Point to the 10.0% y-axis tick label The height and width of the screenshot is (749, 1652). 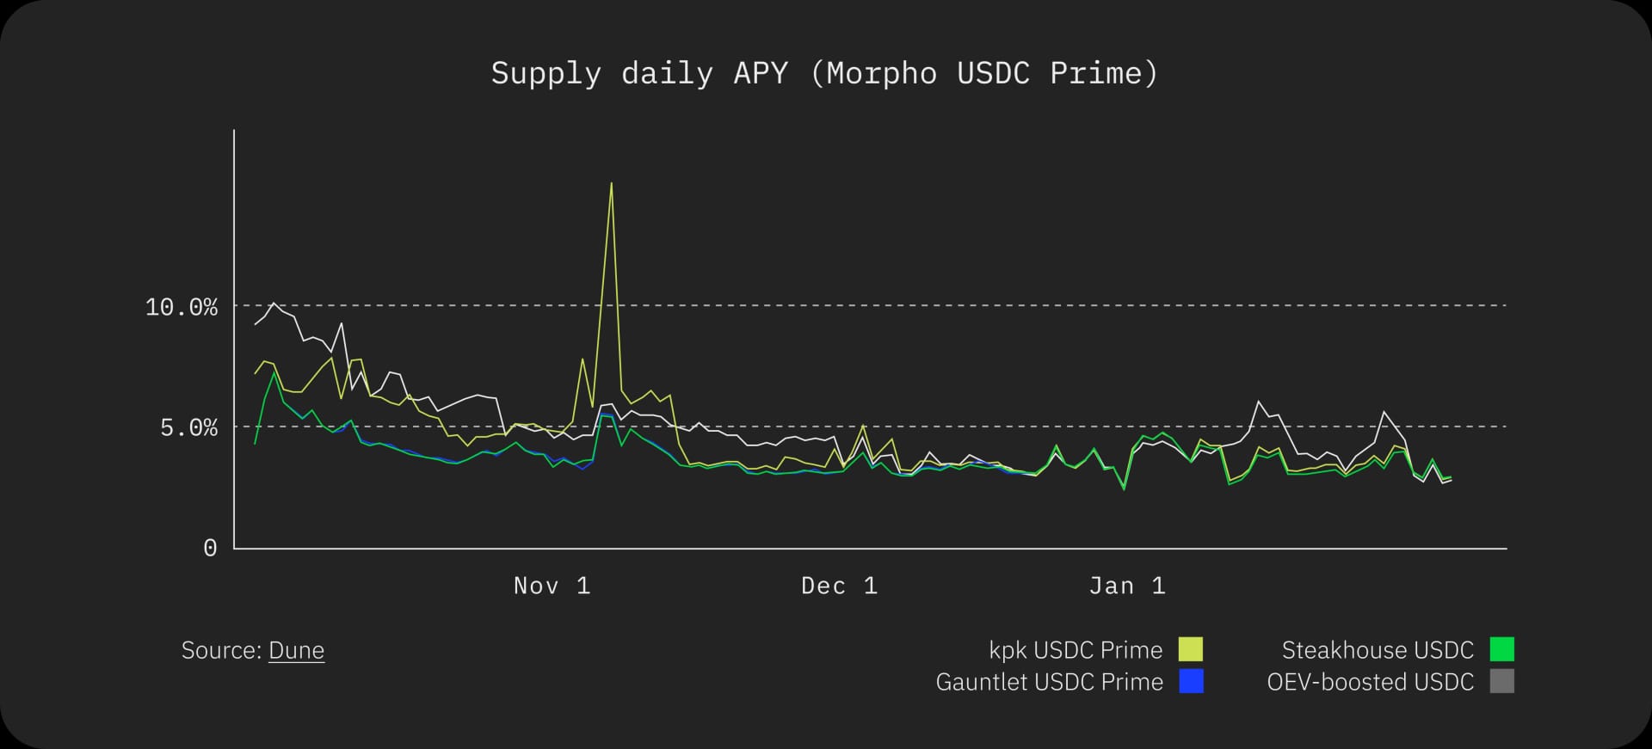pyautogui.click(x=181, y=307)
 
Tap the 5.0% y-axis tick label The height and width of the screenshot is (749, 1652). pyautogui.click(x=188, y=427)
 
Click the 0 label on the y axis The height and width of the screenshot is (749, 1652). pyautogui.click(x=210, y=549)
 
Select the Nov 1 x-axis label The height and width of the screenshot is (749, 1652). pyautogui.click(x=552, y=586)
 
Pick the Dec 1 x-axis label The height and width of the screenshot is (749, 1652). pyautogui.click(x=839, y=586)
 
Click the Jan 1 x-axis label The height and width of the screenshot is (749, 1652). pyautogui.click(x=1127, y=586)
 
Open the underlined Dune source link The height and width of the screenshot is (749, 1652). pyautogui.click(x=296, y=650)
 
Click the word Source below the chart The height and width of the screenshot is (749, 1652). pyautogui.click(x=220, y=650)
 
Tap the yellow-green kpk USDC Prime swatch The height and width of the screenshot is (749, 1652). pyautogui.click(x=1191, y=649)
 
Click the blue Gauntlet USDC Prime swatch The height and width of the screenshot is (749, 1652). pyautogui.click(x=1191, y=682)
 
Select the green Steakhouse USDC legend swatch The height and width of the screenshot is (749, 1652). pyautogui.click(x=1501, y=649)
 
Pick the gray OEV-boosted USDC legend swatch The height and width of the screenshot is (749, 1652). pyautogui.click(x=1501, y=682)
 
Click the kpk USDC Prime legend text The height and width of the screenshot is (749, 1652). pyautogui.click(x=1076, y=650)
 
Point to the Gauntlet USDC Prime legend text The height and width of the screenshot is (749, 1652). pyautogui.click(x=1049, y=682)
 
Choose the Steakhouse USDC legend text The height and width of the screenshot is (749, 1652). pyautogui.click(x=1378, y=650)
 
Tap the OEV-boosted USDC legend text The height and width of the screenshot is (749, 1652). pyautogui.click(x=1370, y=682)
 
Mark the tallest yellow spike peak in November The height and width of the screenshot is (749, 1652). pyautogui.click(x=611, y=183)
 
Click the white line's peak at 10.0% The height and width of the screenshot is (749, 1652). pyautogui.click(x=274, y=303)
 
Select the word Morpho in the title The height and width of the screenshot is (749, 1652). pyautogui.click(x=882, y=74)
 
